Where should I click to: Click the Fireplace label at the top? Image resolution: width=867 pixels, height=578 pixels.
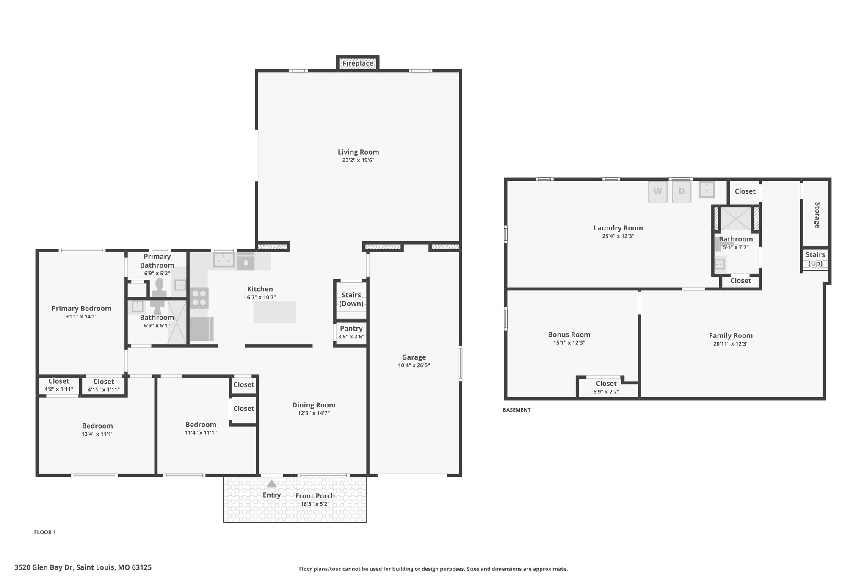coord(358,64)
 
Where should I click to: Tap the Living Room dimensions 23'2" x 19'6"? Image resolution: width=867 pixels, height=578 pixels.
coord(358,160)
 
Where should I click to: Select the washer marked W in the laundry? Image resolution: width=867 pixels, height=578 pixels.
coord(657,191)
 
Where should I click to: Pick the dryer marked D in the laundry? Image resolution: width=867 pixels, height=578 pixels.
coord(682,191)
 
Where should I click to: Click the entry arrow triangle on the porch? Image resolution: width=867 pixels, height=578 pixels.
coord(271,484)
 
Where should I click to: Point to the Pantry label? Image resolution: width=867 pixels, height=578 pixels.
coord(351,329)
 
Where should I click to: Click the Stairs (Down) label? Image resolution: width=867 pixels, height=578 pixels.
coord(351,299)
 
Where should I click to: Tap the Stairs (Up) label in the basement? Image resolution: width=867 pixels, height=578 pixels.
coord(815,259)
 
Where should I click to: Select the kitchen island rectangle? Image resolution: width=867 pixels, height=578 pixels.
coord(275,312)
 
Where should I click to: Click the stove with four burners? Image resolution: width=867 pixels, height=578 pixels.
coord(199,297)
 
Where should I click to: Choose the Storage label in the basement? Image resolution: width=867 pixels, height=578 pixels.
coord(817,215)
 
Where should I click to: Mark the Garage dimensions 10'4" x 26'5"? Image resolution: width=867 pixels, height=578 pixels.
coord(414,365)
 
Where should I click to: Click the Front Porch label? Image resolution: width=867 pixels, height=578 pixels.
coord(315,496)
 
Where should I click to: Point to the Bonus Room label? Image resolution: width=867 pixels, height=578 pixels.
coord(569,335)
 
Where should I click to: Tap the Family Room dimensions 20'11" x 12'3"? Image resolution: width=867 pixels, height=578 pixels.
coord(731,344)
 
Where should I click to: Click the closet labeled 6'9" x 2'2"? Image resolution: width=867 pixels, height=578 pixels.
coord(606,387)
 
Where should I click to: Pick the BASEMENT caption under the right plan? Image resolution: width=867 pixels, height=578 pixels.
coord(516,410)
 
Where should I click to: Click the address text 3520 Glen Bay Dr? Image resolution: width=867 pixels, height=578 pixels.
coord(50,567)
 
